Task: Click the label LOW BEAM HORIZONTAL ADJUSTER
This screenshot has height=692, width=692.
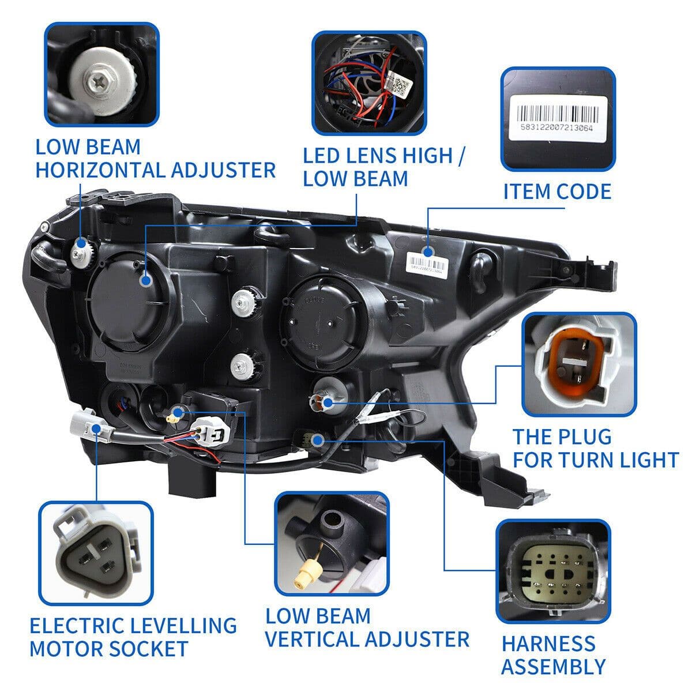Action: click(x=155, y=159)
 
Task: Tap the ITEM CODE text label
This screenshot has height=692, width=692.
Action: click(x=556, y=191)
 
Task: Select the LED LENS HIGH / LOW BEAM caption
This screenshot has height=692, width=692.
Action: click(x=385, y=167)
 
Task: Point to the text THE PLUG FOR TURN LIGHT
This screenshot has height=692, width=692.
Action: click(x=595, y=449)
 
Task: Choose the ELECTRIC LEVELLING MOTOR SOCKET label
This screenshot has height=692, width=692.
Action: click(x=133, y=637)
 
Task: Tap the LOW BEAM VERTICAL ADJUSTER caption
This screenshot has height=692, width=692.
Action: click(x=367, y=627)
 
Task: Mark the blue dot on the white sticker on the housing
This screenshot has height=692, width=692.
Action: click(x=427, y=251)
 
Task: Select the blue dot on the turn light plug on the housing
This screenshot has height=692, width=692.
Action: click(x=327, y=403)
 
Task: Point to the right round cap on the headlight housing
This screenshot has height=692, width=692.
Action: click(x=323, y=320)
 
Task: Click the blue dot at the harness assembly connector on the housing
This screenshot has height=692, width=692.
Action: click(x=317, y=441)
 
